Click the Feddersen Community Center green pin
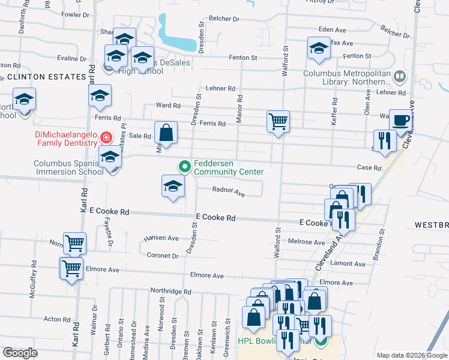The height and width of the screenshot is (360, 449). [x=185, y=166]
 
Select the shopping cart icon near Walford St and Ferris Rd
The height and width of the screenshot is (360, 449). [x=278, y=122]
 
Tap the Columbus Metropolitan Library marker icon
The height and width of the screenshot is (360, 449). [x=400, y=76]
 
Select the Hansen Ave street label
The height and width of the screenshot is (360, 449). [x=161, y=238]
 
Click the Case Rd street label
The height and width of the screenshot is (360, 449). [x=369, y=168]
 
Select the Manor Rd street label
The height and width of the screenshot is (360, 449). [x=240, y=109]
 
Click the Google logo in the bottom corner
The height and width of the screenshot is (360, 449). [x=20, y=353]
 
